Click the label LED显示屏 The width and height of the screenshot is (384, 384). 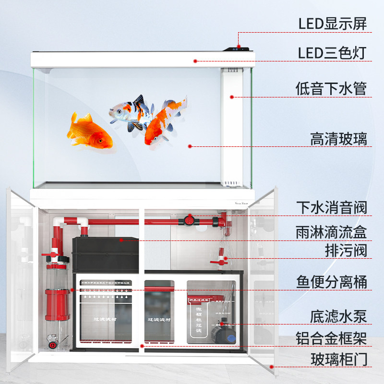point(332,23)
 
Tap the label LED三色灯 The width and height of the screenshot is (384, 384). point(332,52)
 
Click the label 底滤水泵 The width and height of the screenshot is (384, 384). point(338,316)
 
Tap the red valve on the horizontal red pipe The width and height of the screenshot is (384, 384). point(190,221)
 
